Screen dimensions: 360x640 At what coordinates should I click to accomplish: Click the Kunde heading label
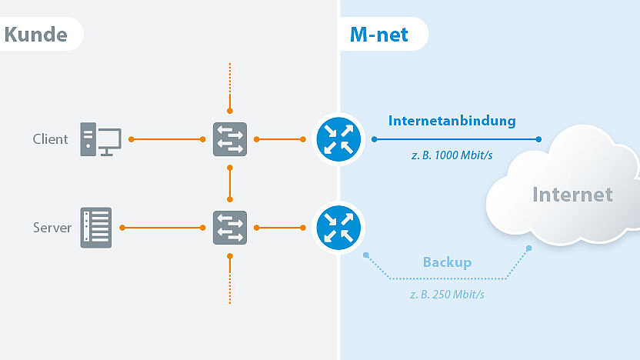(x=35, y=35)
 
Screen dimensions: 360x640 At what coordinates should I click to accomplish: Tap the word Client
(x=50, y=139)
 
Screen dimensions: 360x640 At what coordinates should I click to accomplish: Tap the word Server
(x=52, y=228)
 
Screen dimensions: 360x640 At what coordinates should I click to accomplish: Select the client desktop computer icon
(x=100, y=139)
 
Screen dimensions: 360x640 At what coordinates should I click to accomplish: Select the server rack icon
(x=96, y=228)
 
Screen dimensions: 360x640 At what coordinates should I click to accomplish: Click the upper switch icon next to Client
(x=230, y=139)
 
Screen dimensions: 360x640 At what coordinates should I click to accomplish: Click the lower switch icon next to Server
(x=230, y=228)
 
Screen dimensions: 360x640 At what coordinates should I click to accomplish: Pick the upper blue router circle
(x=338, y=139)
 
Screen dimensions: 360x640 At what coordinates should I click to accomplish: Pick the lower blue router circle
(x=338, y=228)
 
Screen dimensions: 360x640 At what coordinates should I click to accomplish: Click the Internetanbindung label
(x=452, y=121)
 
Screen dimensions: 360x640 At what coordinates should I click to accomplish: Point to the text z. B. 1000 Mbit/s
(x=452, y=155)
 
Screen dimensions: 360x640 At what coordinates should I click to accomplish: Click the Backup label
(x=447, y=262)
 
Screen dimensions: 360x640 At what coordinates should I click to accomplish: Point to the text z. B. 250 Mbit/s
(x=447, y=294)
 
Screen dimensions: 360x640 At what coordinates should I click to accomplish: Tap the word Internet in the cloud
(x=573, y=194)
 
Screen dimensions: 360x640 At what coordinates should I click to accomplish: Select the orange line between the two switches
(x=230, y=183)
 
